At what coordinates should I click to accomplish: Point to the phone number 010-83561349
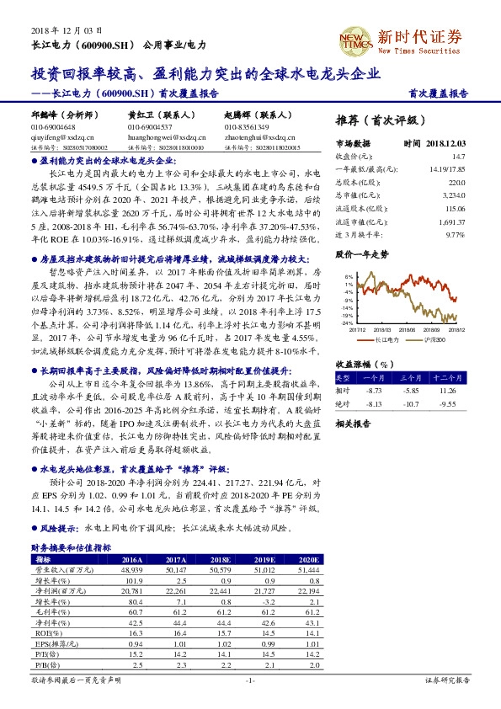247,127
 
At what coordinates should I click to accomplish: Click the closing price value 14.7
458,157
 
